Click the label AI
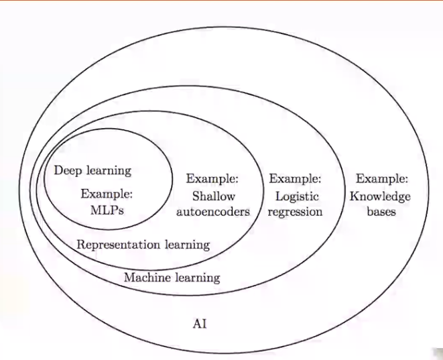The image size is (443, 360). point(200,324)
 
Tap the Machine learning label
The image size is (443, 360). point(172,277)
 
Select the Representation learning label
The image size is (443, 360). point(143,244)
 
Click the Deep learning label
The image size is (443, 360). point(92,170)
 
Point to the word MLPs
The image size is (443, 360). point(107,211)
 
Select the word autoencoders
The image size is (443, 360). point(214,212)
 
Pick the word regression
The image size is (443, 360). point(296,212)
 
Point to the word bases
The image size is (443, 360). point(381,212)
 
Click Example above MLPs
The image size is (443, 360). point(107,194)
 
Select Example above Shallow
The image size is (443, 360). point(212,179)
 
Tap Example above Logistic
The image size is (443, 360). point(296,179)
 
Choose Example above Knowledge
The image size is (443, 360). point(382,179)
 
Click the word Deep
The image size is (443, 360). point(68,170)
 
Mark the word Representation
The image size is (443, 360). point(117,244)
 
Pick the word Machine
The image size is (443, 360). point(147,277)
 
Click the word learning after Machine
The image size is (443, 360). point(196,277)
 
